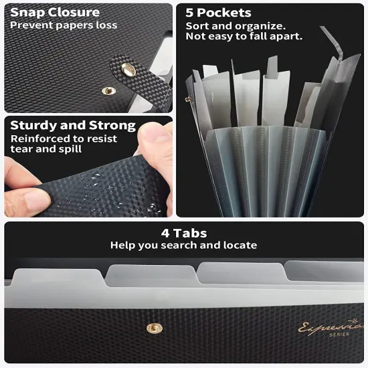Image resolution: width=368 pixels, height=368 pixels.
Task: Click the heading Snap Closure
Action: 55,13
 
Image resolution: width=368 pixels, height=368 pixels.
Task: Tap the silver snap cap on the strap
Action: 128,70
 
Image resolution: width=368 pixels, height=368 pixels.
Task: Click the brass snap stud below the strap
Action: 108,91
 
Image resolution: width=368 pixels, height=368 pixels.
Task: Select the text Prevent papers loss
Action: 64,25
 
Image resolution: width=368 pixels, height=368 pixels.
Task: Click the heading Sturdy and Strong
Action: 73,125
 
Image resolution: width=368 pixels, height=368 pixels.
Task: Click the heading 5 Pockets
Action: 218,13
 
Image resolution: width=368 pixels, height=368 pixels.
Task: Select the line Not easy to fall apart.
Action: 244,36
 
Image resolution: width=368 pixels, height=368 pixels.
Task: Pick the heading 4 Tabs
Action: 184,234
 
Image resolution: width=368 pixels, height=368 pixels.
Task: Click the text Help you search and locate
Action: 184,246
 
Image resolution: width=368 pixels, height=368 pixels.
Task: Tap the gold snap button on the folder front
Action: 154,328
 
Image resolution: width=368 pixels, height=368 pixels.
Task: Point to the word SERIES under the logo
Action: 339,335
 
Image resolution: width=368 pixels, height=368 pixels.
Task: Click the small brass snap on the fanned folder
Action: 188,100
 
